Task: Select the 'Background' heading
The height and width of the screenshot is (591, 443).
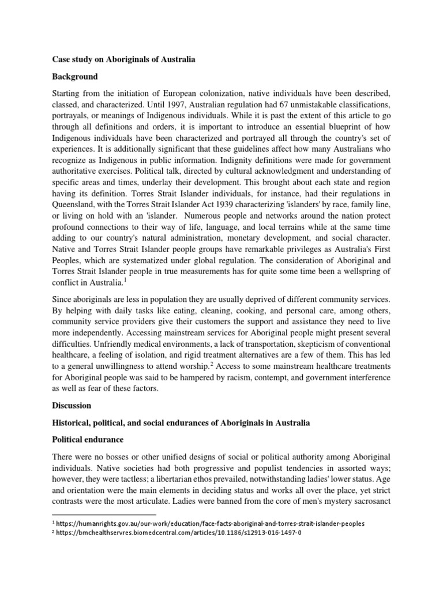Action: [x=75, y=76]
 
